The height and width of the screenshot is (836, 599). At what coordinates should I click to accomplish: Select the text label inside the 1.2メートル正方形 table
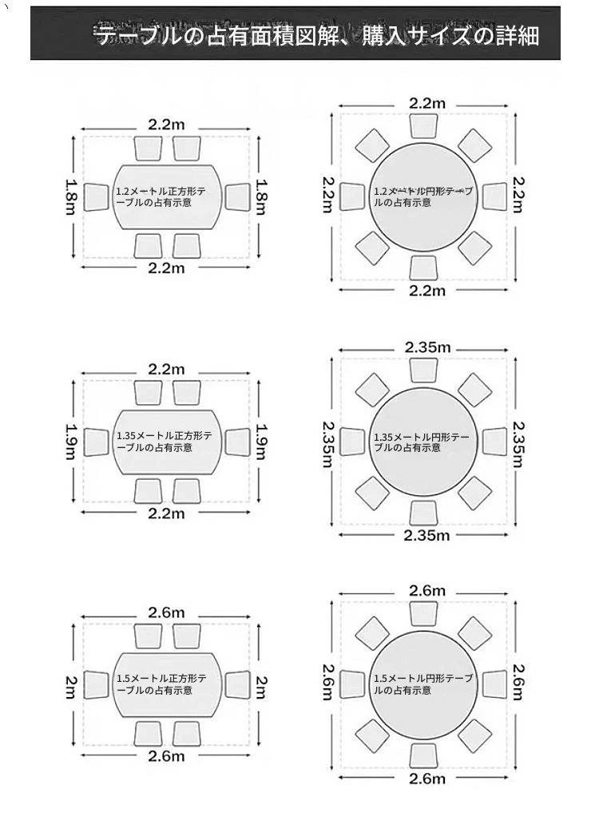pyautogui.click(x=161, y=196)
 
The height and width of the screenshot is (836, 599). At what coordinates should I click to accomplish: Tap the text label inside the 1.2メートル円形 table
pyautogui.click(x=422, y=196)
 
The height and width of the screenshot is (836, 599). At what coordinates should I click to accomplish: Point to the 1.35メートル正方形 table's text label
pyautogui.click(x=165, y=442)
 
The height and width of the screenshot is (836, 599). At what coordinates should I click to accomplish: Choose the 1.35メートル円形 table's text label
pyautogui.click(x=422, y=442)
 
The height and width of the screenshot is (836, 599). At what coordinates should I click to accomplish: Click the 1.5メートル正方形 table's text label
pyautogui.click(x=161, y=684)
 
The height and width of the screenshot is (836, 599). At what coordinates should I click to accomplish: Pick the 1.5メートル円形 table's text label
pyautogui.click(x=423, y=684)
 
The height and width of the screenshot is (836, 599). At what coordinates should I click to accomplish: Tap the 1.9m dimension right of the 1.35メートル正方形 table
pyautogui.click(x=261, y=442)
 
